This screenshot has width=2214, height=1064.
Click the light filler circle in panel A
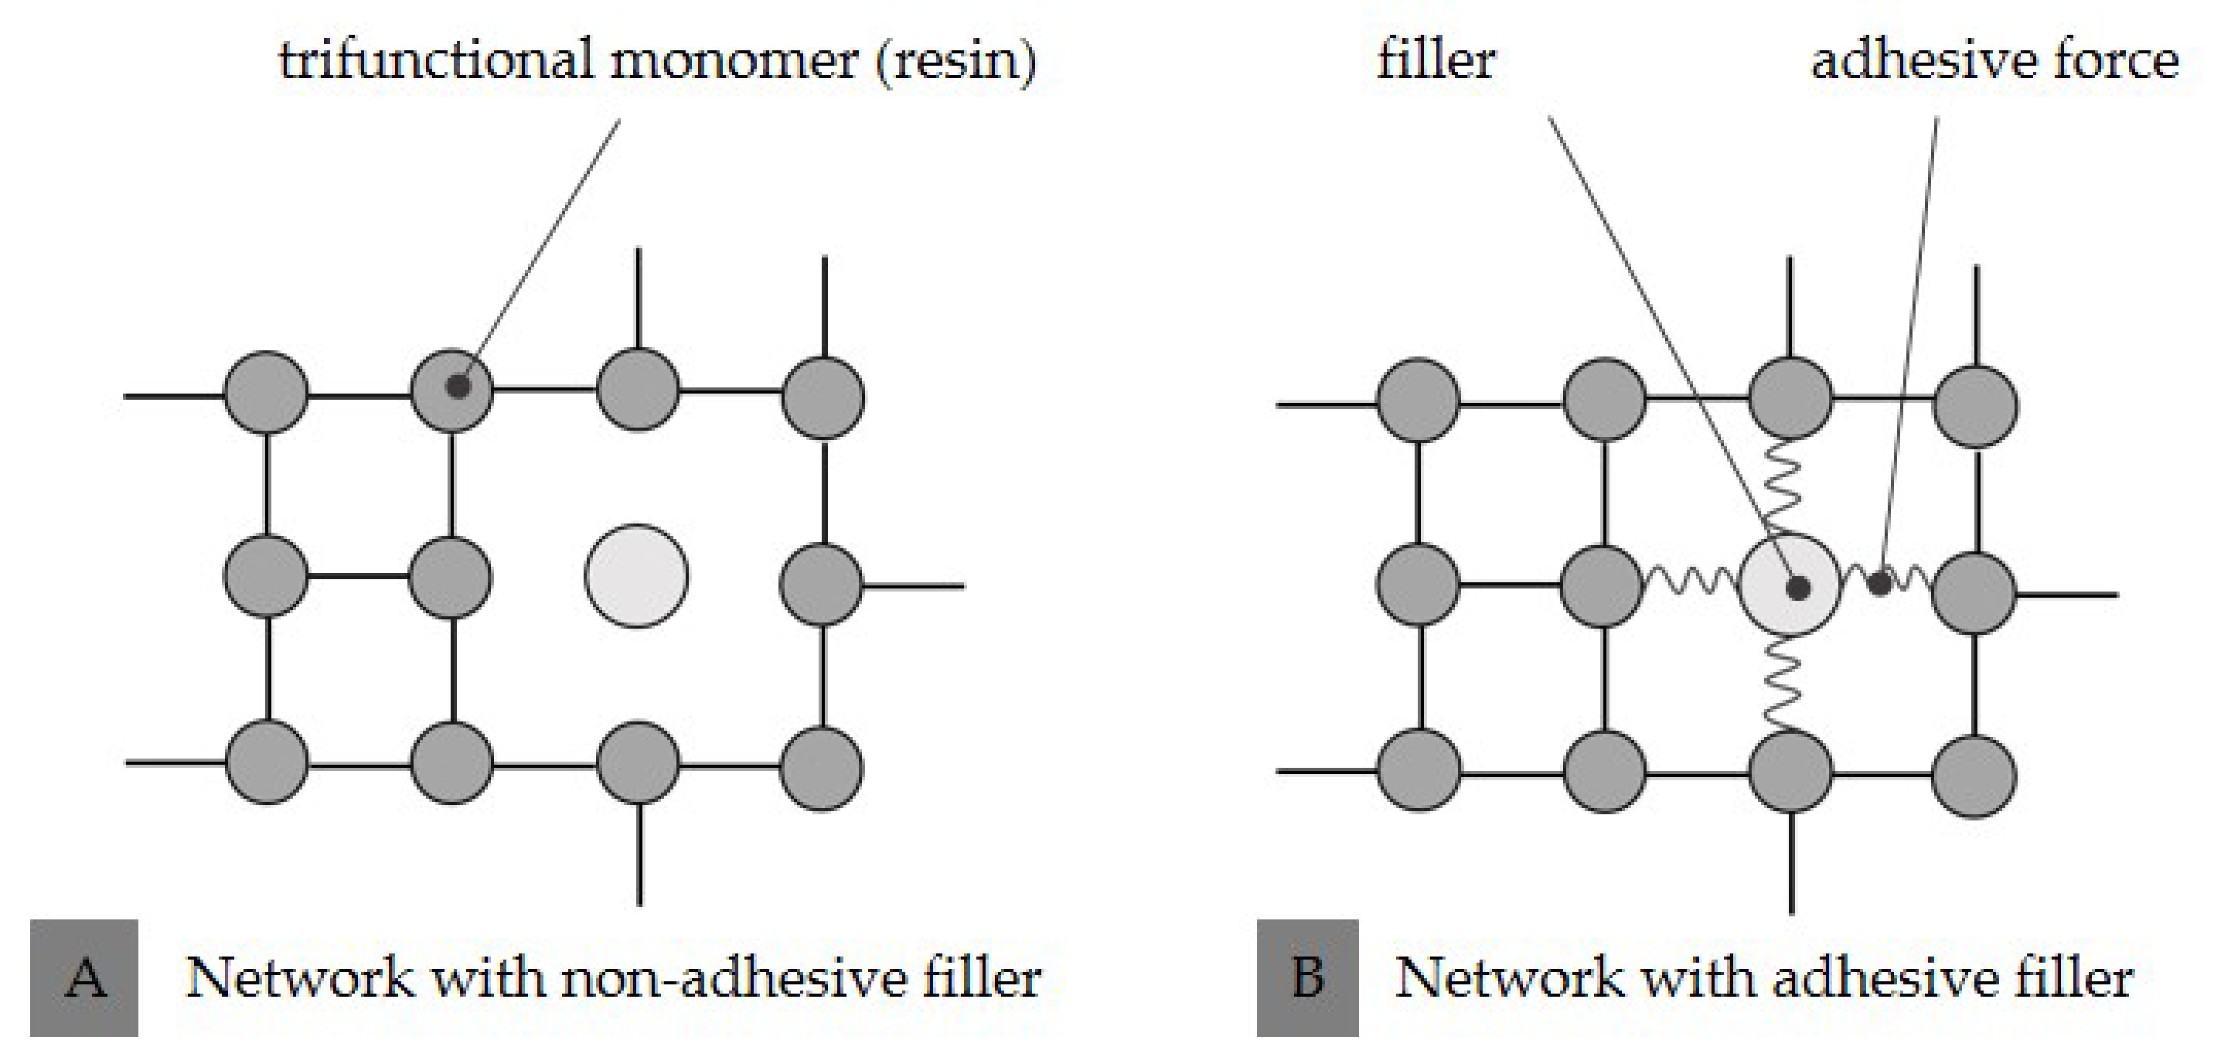click(x=636, y=575)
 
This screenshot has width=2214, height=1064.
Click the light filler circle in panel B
click(x=1790, y=584)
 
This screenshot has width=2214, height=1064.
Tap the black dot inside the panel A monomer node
click(x=459, y=386)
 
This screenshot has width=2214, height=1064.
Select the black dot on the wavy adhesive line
click(x=1880, y=584)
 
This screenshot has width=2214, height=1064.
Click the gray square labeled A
click(x=84, y=977)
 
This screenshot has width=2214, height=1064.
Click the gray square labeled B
click(x=1307, y=977)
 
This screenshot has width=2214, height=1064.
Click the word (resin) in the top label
click(x=955, y=62)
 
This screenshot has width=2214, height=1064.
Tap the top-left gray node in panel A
click(x=267, y=392)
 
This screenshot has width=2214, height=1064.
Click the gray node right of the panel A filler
click(x=821, y=584)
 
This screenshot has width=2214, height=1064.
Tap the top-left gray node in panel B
click(x=1418, y=401)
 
